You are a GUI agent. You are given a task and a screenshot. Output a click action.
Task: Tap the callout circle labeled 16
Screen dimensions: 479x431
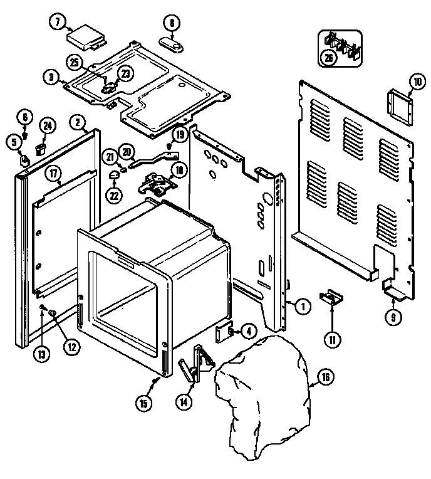click(x=326, y=377)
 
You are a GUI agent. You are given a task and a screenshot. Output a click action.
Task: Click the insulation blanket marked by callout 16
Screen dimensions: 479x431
click(x=263, y=389)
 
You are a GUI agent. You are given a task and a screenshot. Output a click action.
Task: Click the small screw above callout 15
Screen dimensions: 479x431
click(x=154, y=381)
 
